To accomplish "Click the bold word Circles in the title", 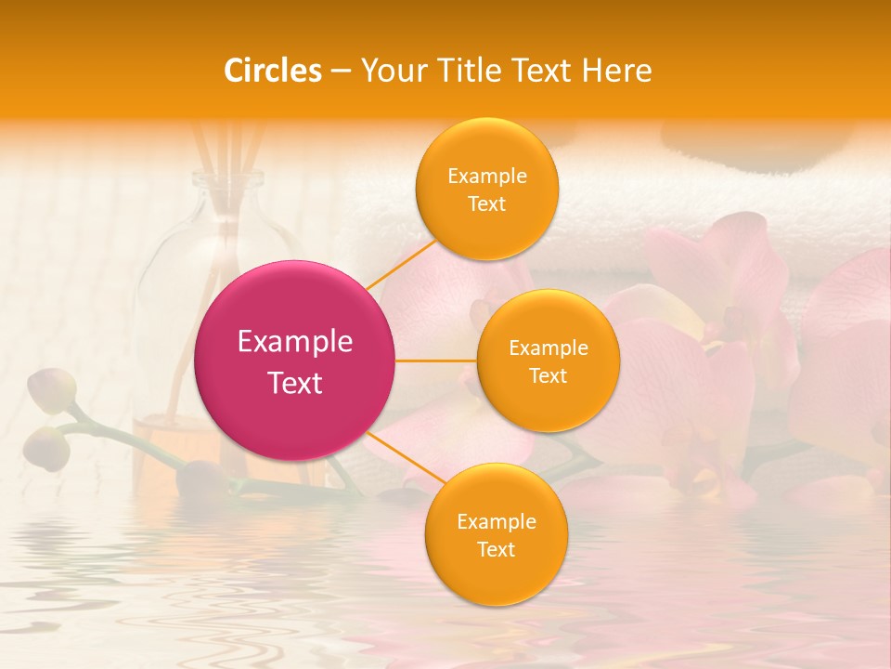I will pyautogui.click(x=273, y=71).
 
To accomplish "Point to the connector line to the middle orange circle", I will pyautogui.click(x=436, y=361).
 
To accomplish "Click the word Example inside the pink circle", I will pyautogui.click(x=295, y=342).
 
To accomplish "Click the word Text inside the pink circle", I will pyautogui.click(x=295, y=383).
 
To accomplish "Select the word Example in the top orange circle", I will pyautogui.click(x=486, y=177).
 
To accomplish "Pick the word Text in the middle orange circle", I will pyautogui.click(x=548, y=375).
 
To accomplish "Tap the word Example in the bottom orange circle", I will pyautogui.click(x=496, y=521).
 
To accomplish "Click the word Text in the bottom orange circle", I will pyautogui.click(x=496, y=549).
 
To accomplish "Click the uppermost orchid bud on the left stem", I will pyautogui.click(x=51, y=390).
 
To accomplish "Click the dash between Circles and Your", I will pyautogui.click(x=341, y=71).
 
